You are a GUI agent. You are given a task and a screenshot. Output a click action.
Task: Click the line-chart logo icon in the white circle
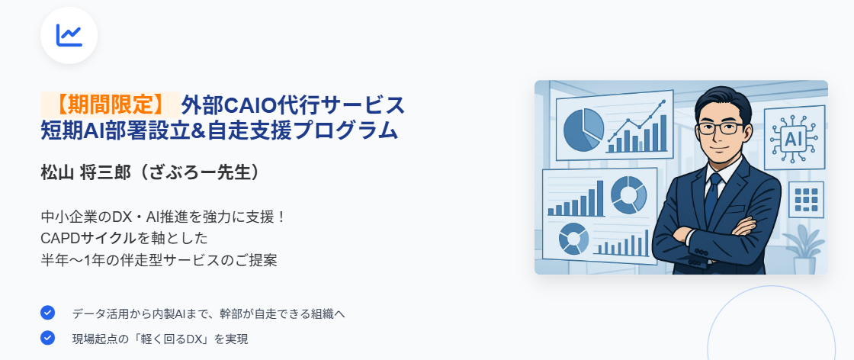click(x=69, y=35)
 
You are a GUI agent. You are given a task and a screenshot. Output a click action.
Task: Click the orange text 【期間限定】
click(x=111, y=104)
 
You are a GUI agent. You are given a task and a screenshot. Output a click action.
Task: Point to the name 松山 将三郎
click(x=86, y=172)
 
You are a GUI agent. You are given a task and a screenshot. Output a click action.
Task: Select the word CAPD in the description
click(x=59, y=239)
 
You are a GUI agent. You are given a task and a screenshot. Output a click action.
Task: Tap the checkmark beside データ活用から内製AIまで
click(x=48, y=313)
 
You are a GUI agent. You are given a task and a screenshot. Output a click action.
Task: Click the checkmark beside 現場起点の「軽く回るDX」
click(x=48, y=338)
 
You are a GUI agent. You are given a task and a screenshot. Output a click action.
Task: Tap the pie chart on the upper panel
click(x=583, y=130)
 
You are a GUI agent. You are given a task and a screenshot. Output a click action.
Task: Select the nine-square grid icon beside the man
click(x=807, y=199)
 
